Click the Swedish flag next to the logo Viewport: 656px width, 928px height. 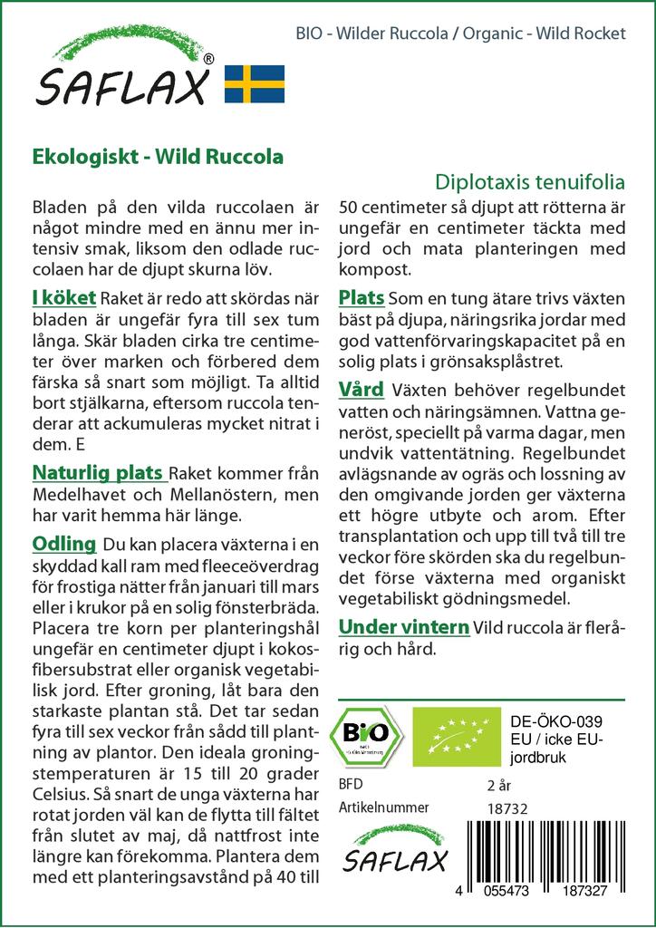[x=255, y=83]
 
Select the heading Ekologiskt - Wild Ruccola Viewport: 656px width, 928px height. [x=158, y=156]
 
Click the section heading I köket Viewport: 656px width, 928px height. [x=64, y=298]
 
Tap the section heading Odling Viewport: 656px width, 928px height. [x=64, y=544]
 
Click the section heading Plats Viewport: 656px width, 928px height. [x=362, y=298]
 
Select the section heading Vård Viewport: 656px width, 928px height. [x=362, y=390]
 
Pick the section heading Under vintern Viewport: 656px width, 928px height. [x=404, y=626]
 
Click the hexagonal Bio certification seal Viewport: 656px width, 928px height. [x=367, y=735]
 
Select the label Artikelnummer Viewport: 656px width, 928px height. [x=383, y=807]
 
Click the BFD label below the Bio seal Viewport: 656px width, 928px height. [x=349, y=784]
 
